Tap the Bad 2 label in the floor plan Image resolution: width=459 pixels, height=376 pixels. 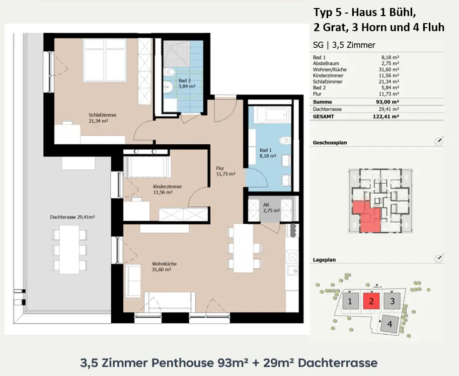[x=187, y=83]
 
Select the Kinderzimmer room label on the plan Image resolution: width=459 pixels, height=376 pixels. [x=167, y=190]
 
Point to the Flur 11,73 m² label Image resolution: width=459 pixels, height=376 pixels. [x=225, y=171]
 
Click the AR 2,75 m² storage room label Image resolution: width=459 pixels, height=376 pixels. [x=271, y=208]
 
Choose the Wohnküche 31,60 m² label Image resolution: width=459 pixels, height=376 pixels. [x=164, y=266]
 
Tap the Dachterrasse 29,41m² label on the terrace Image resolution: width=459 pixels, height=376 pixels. [x=72, y=217]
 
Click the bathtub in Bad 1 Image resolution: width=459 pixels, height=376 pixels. [x=272, y=115]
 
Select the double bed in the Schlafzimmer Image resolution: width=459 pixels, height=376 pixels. [x=105, y=60]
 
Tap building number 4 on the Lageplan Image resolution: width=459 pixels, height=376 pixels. [x=390, y=324]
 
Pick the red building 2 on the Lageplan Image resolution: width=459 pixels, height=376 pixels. [x=371, y=301]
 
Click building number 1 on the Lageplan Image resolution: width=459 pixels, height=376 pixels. [x=350, y=301]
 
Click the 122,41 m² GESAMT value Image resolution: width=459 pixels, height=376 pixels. [x=386, y=116]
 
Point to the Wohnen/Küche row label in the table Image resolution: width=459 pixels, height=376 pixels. [x=330, y=69]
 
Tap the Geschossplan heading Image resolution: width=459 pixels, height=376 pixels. [x=330, y=143]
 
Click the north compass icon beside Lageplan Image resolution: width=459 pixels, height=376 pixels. [x=438, y=258]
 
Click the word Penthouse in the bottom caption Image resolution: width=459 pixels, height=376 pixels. [x=183, y=363]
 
